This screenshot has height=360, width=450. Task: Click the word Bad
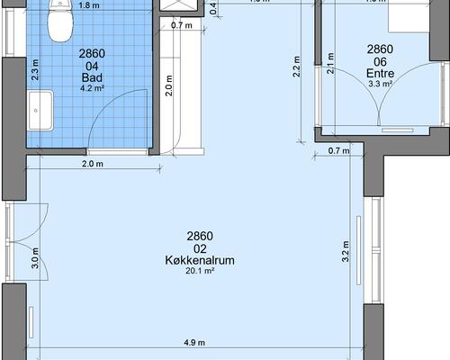coord(92,77)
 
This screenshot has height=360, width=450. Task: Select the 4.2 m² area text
coord(92,88)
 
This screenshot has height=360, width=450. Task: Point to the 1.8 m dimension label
coord(90,5)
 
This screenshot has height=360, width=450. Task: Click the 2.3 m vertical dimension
coord(35,70)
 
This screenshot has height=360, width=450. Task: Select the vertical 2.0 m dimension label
coord(168,87)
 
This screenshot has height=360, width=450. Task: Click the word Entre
coord(380,73)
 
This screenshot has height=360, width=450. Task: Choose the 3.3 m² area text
coord(380,84)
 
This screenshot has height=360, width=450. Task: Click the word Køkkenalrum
coord(200,260)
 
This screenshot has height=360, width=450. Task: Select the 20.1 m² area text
coord(200,271)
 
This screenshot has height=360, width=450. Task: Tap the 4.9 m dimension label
coord(194,343)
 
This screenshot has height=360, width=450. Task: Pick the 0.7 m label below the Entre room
coord(337,150)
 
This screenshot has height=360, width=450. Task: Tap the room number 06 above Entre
coord(380,61)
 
